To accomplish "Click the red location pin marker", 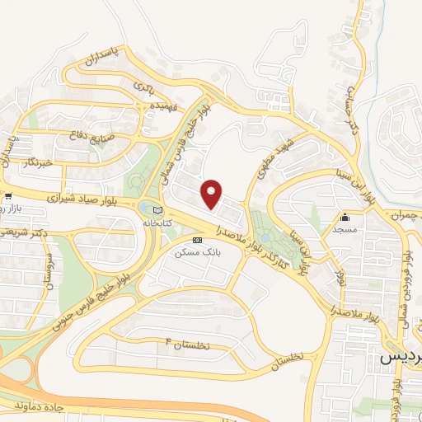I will pyautogui.click(x=213, y=193).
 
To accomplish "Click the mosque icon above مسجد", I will pyautogui.click(x=345, y=218).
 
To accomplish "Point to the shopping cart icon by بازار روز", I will pyautogui.click(x=7, y=197).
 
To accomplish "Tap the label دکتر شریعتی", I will pyautogui.click(x=25, y=234).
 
